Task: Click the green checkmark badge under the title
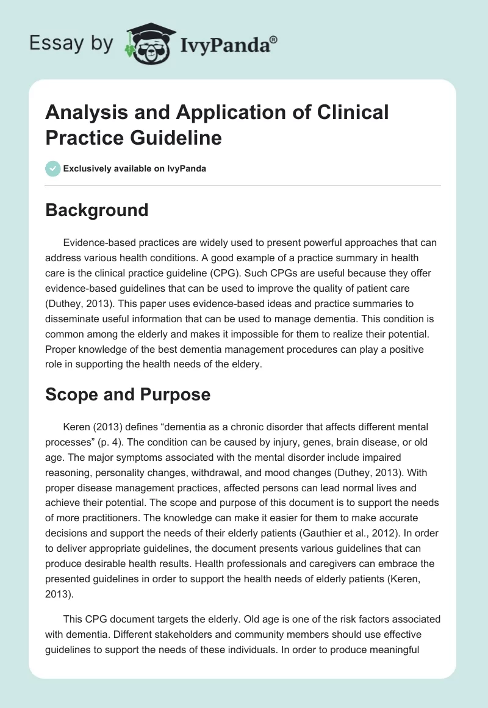tap(53, 168)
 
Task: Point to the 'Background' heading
tap(97, 210)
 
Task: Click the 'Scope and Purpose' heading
tap(128, 394)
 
